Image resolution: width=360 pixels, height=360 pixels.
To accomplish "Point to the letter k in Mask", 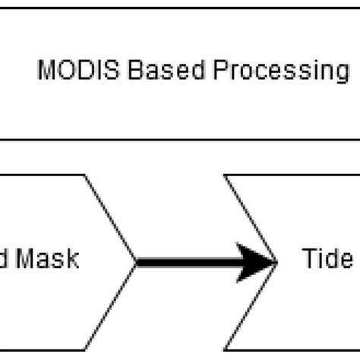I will (x=74, y=260).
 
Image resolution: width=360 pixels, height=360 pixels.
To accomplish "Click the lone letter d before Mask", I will (x=5, y=260).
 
